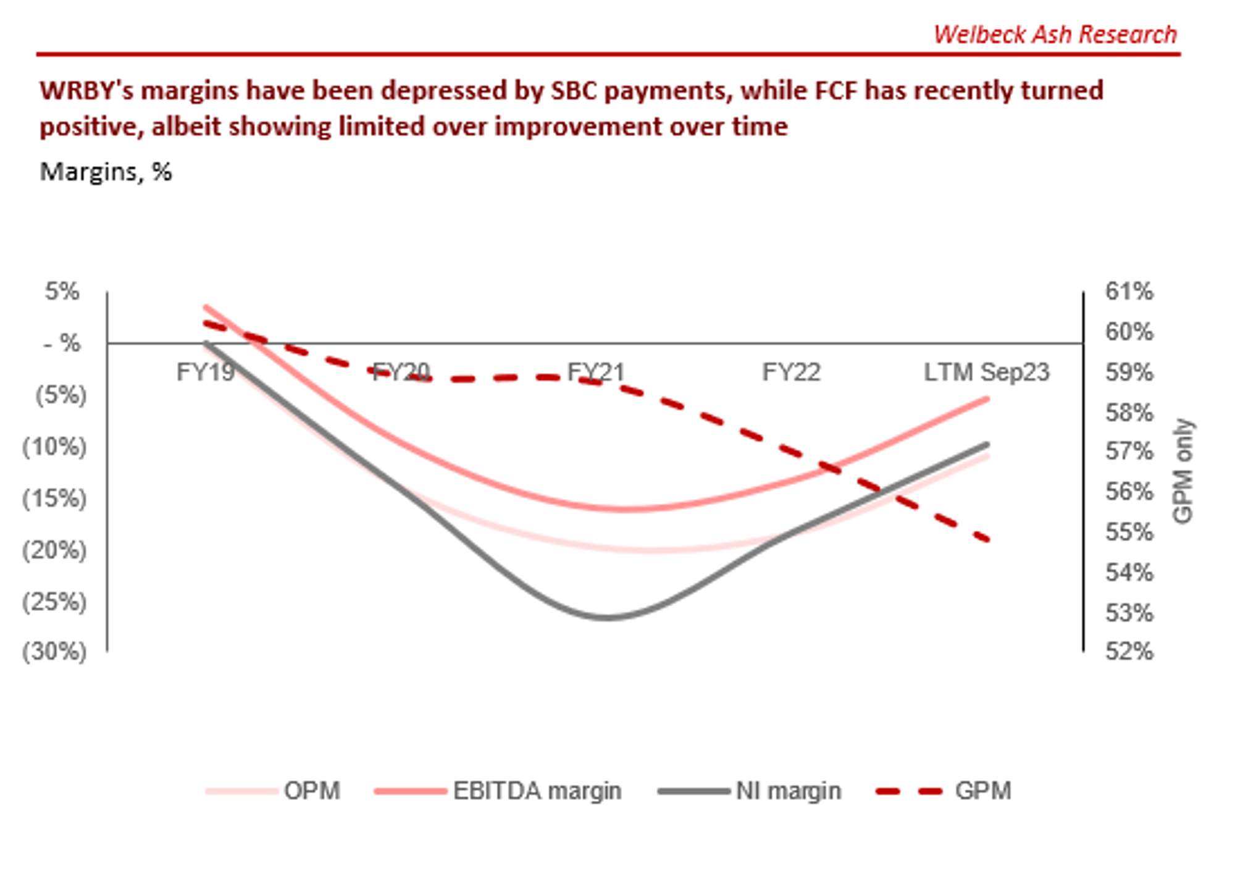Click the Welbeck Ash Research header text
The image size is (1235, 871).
coord(1055,35)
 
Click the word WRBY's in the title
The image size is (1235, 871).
coord(86,91)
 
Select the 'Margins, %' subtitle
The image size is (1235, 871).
coord(106,172)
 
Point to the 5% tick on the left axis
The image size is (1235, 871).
coord(62,291)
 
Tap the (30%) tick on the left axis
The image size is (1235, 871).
coord(54,652)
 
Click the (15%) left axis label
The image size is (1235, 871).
coord(54,498)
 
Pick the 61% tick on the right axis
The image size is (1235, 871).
coord(1129,291)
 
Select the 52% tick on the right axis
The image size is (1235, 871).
coord(1129,652)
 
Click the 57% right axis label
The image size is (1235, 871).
coord(1129,451)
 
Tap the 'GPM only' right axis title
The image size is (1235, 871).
coord(1183,471)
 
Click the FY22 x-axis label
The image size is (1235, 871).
coord(791,372)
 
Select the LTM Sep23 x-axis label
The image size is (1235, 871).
coord(986,372)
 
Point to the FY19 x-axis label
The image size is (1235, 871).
coord(205,372)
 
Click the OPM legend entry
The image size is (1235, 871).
coord(311,791)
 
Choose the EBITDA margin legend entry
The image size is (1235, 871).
coord(537,791)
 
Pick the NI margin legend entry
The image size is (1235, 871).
coord(788,791)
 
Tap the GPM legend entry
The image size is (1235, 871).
coord(982,791)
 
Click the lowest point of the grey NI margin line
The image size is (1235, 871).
coord(608,617)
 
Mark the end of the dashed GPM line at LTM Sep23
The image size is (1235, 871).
coord(988,539)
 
